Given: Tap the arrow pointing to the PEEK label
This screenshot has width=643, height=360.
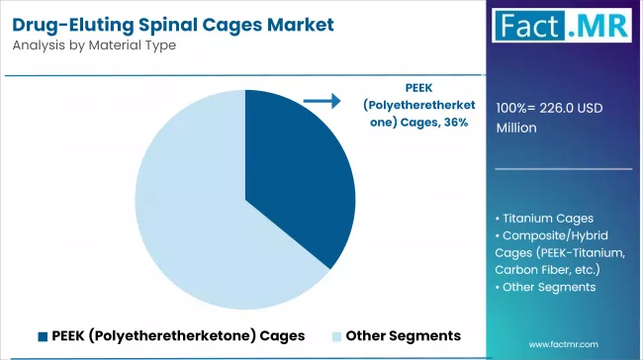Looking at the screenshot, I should [321, 100].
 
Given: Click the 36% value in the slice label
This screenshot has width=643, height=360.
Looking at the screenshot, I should [454, 122].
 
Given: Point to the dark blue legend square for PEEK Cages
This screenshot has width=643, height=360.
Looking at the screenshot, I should [45, 335].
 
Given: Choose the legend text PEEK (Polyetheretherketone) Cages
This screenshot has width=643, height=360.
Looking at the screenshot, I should [178, 335].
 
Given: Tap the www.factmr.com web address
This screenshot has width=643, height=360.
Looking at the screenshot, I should [564, 343].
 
